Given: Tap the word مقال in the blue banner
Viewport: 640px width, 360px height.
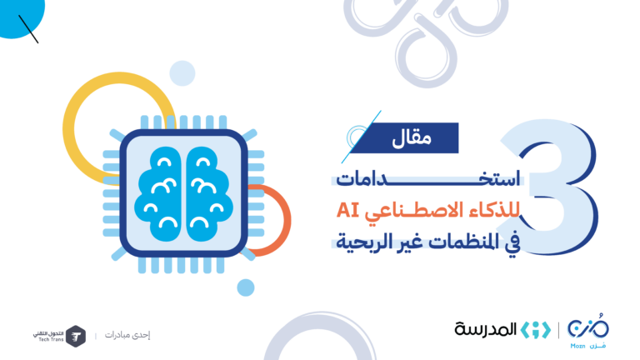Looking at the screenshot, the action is click(x=412, y=139).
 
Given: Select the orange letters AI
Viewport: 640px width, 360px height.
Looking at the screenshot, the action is click(x=347, y=210).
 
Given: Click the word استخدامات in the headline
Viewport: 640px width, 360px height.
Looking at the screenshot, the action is click(x=428, y=179).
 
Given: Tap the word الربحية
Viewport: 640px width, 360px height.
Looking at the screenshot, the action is click(x=356, y=242).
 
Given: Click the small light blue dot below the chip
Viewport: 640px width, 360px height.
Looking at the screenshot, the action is click(x=246, y=287).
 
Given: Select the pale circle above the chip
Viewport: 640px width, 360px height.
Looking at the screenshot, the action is click(x=182, y=73).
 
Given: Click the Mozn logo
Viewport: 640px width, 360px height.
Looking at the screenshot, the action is click(x=588, y=331).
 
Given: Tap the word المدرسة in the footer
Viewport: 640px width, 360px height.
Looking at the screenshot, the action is click(x=485, y=329).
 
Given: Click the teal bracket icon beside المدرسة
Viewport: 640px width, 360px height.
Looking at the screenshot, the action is click(x=536, y=330).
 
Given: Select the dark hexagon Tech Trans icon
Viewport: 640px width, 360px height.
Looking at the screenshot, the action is click(x=76, y=337).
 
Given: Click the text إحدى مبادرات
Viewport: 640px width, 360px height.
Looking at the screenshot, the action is click(x=127, y=335).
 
